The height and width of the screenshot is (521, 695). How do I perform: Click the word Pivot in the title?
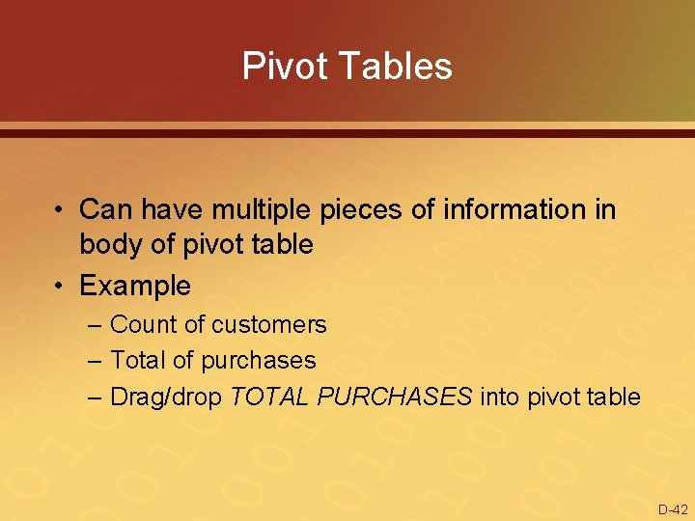[x=280, y=67]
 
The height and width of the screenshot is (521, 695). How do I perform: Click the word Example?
[x=135, y=286]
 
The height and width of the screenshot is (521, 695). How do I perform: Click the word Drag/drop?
[x=167, y=397]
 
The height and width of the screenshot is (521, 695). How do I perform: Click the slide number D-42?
[x=673, y=509]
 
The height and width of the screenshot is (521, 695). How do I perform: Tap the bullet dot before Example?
[x=60, y=287]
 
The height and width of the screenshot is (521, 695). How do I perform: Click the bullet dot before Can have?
[x=60, y=210]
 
